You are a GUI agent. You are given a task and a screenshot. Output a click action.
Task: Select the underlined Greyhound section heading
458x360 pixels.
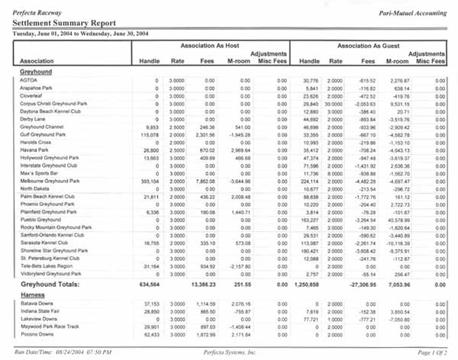point(34,71)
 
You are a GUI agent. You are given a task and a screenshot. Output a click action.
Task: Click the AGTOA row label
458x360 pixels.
point(30,80)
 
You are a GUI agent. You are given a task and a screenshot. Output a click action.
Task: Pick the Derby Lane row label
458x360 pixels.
point(34,120)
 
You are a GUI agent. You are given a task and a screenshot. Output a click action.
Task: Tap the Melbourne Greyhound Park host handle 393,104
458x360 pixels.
point(148,203)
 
